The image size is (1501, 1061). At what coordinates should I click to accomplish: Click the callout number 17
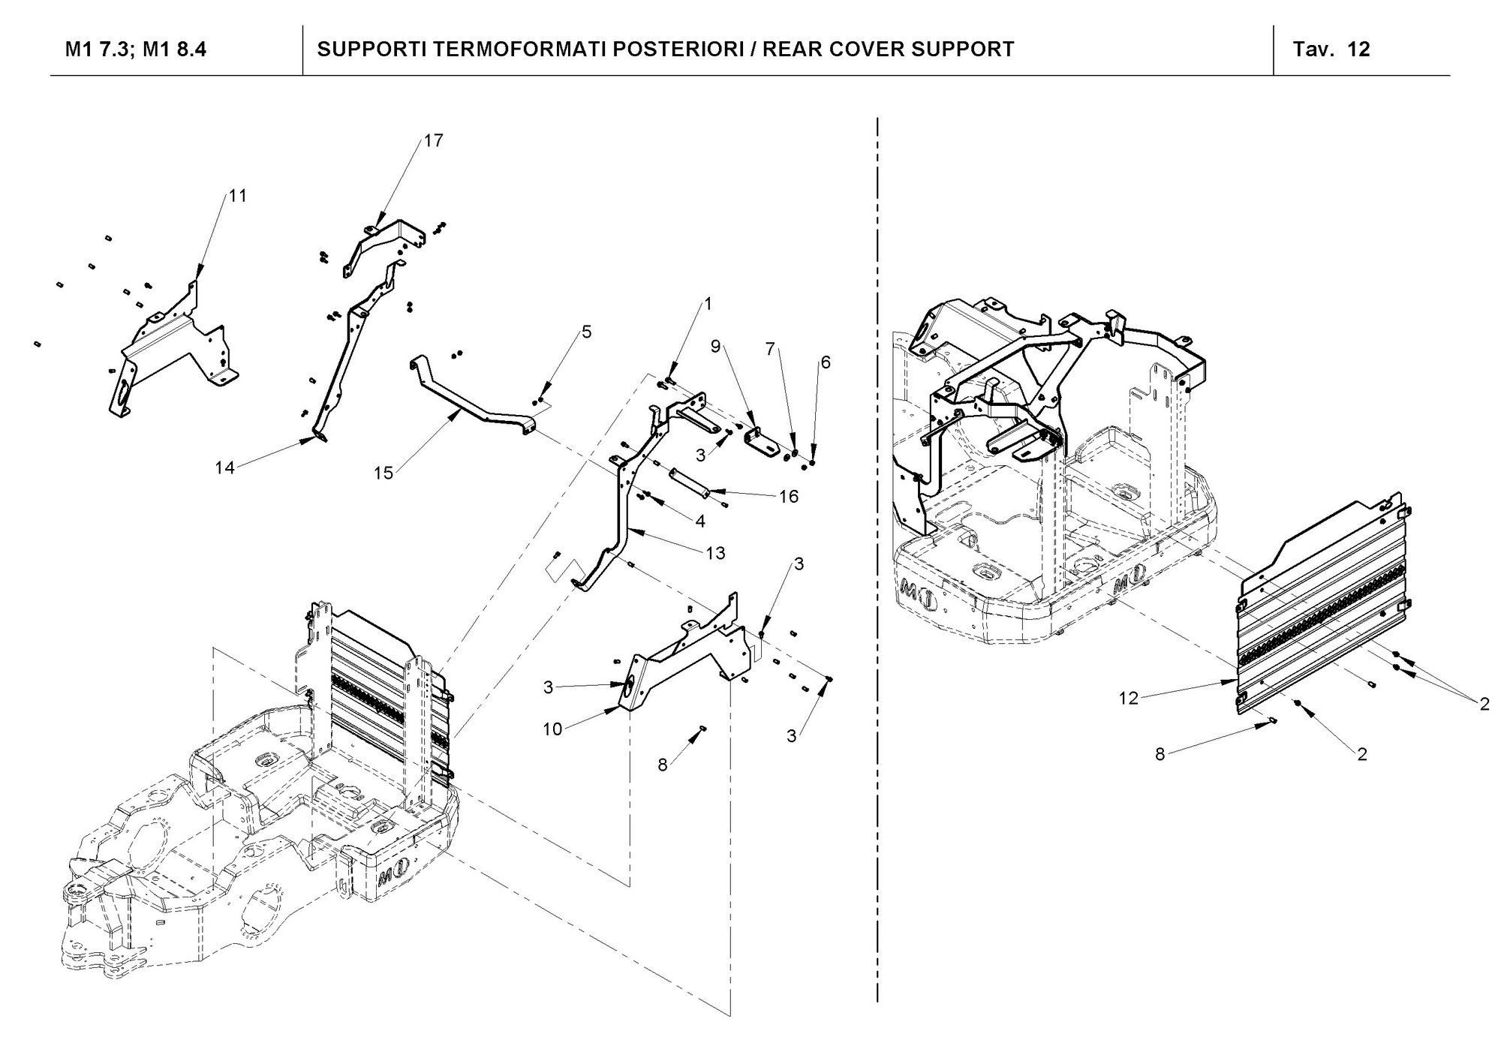434,140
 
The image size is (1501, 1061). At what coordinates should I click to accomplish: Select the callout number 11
237,196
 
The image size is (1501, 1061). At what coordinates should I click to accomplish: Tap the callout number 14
224,467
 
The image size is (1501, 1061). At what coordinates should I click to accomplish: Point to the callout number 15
384,473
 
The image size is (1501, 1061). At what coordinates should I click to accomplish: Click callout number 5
587,332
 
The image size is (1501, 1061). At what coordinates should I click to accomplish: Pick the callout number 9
715,346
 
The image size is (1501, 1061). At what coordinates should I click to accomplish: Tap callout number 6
826,362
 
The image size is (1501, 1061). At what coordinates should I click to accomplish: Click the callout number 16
788,497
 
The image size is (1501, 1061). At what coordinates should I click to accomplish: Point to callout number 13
715,553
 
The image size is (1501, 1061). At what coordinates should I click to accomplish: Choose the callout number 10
552,729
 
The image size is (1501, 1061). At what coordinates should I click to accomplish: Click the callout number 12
1129,698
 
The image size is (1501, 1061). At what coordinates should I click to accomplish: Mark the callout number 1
706,304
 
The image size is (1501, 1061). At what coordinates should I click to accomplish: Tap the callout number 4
700,521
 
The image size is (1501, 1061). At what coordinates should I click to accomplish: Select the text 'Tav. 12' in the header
1331,50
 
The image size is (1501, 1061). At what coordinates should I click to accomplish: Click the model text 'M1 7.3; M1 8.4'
136,50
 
